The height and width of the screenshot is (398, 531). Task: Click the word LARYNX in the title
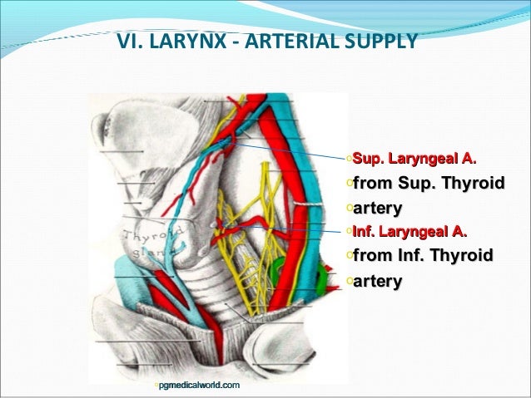[x=184, y=39]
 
